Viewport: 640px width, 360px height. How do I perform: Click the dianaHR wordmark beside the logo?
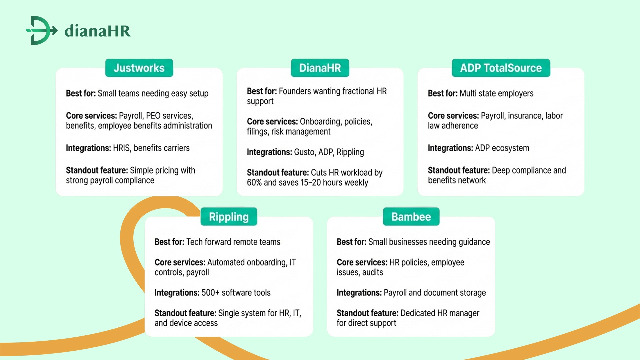(x=97, y=31)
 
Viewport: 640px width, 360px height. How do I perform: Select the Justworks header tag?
(x=139, y=68)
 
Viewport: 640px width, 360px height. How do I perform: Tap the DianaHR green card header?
(x=320, y=68)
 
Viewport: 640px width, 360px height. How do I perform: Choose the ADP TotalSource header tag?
(x=501, y=68)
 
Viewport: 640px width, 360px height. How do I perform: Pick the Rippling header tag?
(x=229, y=217)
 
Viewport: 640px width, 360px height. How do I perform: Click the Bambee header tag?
(x=411, y=217)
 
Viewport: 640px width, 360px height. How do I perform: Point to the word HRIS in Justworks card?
(x=121, y=148)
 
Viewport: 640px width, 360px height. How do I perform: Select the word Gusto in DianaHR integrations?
(x=304, y=152)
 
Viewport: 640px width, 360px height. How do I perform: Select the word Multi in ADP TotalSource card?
(x=468, y=93)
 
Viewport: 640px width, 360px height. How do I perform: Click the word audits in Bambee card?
(x=373, y=273)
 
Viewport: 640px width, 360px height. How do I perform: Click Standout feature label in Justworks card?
(x=97, y=170)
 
